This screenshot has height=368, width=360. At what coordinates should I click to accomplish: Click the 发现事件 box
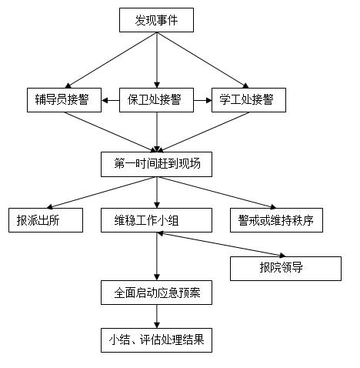pyautogui.click(x=156, y=20)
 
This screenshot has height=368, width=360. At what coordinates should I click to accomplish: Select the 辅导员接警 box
pyautogui.click(x=64, y=100)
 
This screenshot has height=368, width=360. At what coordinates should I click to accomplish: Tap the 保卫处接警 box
pyautogui.click(x=156, y=100)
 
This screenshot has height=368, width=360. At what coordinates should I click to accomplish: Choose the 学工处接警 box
pyautogui.click(x=248, y=100)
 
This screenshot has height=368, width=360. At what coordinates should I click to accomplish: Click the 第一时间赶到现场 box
pyautogui.click(x=156, y=164)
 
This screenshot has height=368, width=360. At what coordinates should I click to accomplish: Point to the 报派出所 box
pyautogui.click(x=45, y=220)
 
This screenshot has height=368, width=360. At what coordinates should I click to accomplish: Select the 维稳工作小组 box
pyautogui.click(x=156, y=220)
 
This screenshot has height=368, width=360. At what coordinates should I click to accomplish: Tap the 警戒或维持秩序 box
pyautogui.click(x=276, y=220)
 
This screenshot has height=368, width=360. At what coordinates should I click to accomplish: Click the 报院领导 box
pyautogui.click(x=285, y=269)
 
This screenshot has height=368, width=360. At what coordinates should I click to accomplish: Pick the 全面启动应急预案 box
pyautogui.click(x=156, y=293)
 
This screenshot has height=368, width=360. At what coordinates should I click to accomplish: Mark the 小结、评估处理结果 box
pyautogui.click(x=156, y=340)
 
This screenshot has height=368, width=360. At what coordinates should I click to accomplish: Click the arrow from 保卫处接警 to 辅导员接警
pyautogui.click(x=111, y=100)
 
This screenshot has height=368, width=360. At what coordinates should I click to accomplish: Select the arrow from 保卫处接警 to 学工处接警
pyautogui.click(x=202, y=100)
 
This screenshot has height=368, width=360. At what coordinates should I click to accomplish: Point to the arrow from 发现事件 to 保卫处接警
pyautogui.click(x=157, y=60)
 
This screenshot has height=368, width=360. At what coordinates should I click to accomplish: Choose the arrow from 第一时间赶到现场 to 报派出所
pyautogui.click(x=102, y=192)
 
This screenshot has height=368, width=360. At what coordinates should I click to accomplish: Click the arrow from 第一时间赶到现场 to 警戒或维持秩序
pyautogui.click(x=217, y=192)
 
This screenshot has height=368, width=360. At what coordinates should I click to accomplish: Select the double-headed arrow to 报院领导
pyautogui.click(x=221, y=245)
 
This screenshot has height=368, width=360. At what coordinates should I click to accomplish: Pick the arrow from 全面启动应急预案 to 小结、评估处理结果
pyautogui.click(x=157, y=316)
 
